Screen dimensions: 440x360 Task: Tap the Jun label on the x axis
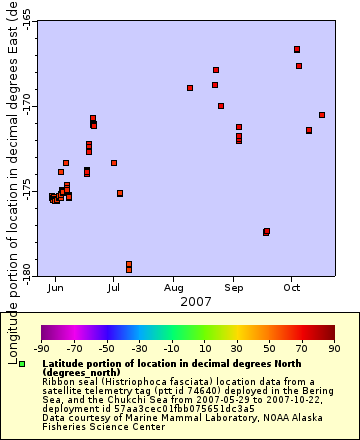(x=56, y=287)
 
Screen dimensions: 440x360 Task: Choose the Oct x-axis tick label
(x=292, y=287)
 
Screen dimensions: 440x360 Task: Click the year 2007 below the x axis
(x=195, y=301)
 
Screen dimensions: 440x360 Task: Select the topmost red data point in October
(x=297, y=49)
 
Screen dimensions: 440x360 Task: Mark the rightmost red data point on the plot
(x=322, y=115)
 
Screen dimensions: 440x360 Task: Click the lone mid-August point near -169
(x=190, y=88)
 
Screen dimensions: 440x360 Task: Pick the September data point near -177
(x=266, y=232)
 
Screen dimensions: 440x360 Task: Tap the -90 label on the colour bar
(x=41, y=349)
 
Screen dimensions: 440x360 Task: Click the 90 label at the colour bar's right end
(x=333, y=349)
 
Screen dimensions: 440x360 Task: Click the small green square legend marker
(x=22, y=364)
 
